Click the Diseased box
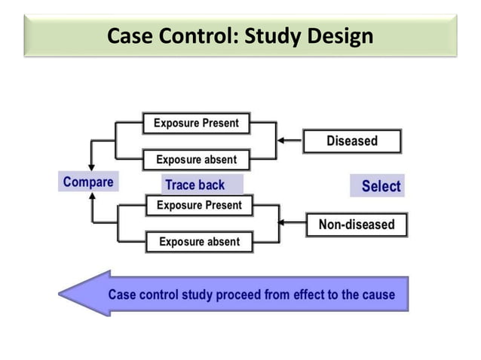coord(352,141)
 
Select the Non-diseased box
coord(356,224)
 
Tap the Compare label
coord(88,182)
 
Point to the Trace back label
coord(195,185)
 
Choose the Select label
coord(381,186)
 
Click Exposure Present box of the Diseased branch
coord(196,123)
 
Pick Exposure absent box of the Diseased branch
coord(196,160)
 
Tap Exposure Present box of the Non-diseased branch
coord(198,205)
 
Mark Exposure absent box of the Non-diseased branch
coord(199,242)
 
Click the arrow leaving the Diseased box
coord(290,140)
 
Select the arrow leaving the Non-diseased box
coord(293,223)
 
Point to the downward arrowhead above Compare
coord(92,166)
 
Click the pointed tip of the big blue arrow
coord(62,294)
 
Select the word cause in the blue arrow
coord(375,294)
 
